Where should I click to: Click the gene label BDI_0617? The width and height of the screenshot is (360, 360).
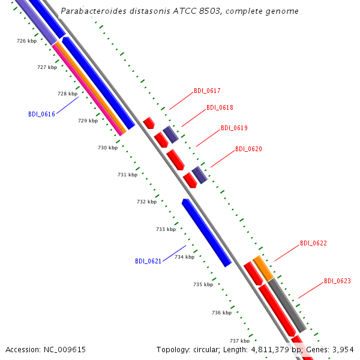click(x=207, y=91)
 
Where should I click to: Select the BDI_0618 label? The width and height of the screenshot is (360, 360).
click(x=220, y=107)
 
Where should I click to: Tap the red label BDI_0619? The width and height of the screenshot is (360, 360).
click(x=234, y=128)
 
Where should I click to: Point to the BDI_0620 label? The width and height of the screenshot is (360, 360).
click(x=248, y=149)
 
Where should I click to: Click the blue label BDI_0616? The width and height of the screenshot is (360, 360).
click(x=41, y=114)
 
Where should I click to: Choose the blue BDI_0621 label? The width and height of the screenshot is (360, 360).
click(x=148, y=261)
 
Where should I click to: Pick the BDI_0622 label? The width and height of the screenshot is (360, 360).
click(x=313, y=243)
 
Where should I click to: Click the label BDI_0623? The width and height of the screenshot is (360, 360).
click(x=337, y=281)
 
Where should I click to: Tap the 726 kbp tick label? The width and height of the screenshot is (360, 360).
click(x=26, y=41)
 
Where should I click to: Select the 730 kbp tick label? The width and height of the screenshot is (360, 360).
click(x=107, y=148)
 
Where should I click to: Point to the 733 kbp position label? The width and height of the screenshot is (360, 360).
click(x=166, y=229)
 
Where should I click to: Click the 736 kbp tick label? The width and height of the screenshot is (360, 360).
click(x=222, y=313)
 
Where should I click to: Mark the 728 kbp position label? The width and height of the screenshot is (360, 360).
click(x=67, y=94)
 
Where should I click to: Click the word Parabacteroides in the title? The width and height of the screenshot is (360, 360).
click(x=94, y=11)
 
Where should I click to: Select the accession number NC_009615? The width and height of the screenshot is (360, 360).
click(x=65, y=350)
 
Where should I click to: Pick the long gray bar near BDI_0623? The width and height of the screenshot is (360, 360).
click(x=287, y=305)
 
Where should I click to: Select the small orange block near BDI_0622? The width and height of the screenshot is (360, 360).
click(x=263, y=268)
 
